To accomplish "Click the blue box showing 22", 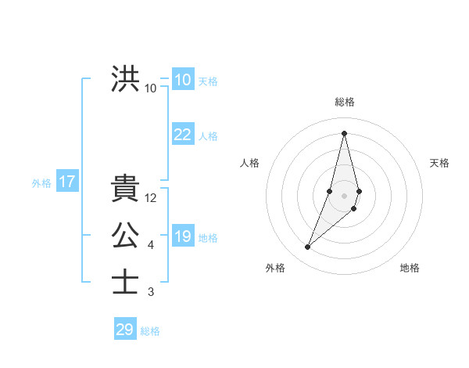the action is [x=183, y=135].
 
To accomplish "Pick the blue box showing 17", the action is [x=66, y=182].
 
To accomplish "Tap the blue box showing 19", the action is [x=183, y=236].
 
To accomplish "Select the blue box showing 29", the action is [x=125, y=330].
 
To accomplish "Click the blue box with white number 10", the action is [x=183, y=80].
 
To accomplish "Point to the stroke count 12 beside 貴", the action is [x=152, y=199].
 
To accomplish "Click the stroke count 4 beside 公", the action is [x=151, y=246].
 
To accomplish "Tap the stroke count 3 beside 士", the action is [x=151, y=292].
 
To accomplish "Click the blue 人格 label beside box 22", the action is [x=208, y=136].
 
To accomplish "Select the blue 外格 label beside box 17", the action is [x=41, y=183].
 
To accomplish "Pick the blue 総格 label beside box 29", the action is [x=150, y=331].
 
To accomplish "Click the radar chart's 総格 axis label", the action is [x=344, y=102].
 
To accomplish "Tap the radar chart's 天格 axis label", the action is [x=440, y=163].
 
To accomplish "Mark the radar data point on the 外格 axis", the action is [x=308, y=247].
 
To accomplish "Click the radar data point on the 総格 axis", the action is [x=344, y=132].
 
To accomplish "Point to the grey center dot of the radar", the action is [x=344, y=195].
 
